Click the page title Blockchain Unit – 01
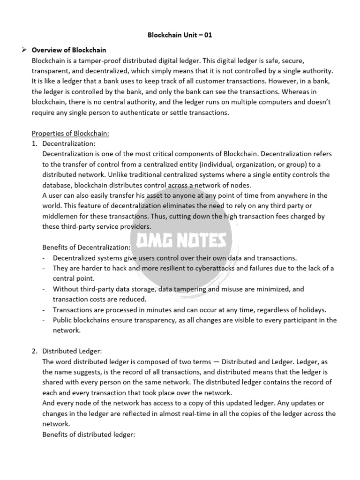(x=180, y=35)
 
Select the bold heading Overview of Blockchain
(x=68, y=50)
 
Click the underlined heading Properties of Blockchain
(x=70, y=133)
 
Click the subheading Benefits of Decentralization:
(x=87, y=247)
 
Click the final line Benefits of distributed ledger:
(x=89, y=434)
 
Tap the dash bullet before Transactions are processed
(x=44, y=310)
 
